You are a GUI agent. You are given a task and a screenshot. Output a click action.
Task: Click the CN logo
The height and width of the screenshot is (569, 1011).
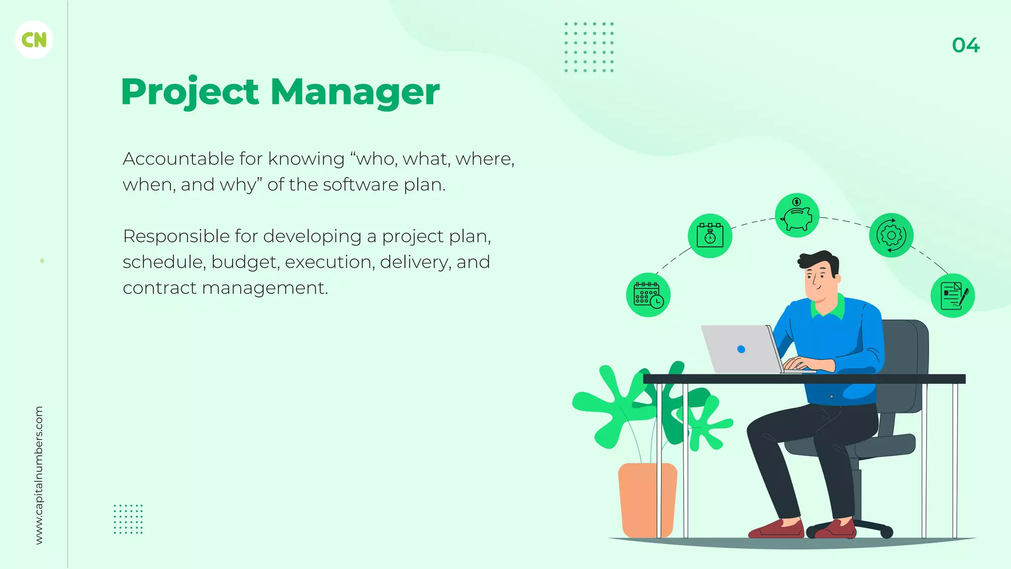[x=34, y=40]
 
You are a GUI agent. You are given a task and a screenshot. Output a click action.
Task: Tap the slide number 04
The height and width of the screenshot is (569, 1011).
[x=966, y=45]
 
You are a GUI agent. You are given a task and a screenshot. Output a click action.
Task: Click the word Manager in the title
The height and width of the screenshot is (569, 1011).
[x=355, y=92]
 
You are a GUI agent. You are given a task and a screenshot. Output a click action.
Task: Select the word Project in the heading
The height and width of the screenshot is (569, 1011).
[x=190, y=92]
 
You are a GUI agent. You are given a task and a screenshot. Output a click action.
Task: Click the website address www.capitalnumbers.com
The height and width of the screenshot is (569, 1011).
[x=39, y=475]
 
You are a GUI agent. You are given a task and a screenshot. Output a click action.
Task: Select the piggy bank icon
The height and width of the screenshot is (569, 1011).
[x=797, y=215]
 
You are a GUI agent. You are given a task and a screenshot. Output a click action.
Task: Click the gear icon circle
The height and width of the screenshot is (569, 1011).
[x=891, y=236]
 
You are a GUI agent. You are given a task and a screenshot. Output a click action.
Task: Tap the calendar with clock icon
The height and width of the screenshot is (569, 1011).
[x=648, y=295]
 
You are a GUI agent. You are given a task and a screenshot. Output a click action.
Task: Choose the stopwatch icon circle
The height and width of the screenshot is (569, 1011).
[x=710, y=236]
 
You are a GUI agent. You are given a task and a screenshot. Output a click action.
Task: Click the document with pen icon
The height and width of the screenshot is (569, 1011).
[x=952, y=295]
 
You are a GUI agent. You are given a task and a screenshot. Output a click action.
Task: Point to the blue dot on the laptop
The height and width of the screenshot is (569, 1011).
[x=741, y=349]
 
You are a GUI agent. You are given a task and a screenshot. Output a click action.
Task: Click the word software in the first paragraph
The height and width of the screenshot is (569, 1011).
[x=360, y=185]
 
